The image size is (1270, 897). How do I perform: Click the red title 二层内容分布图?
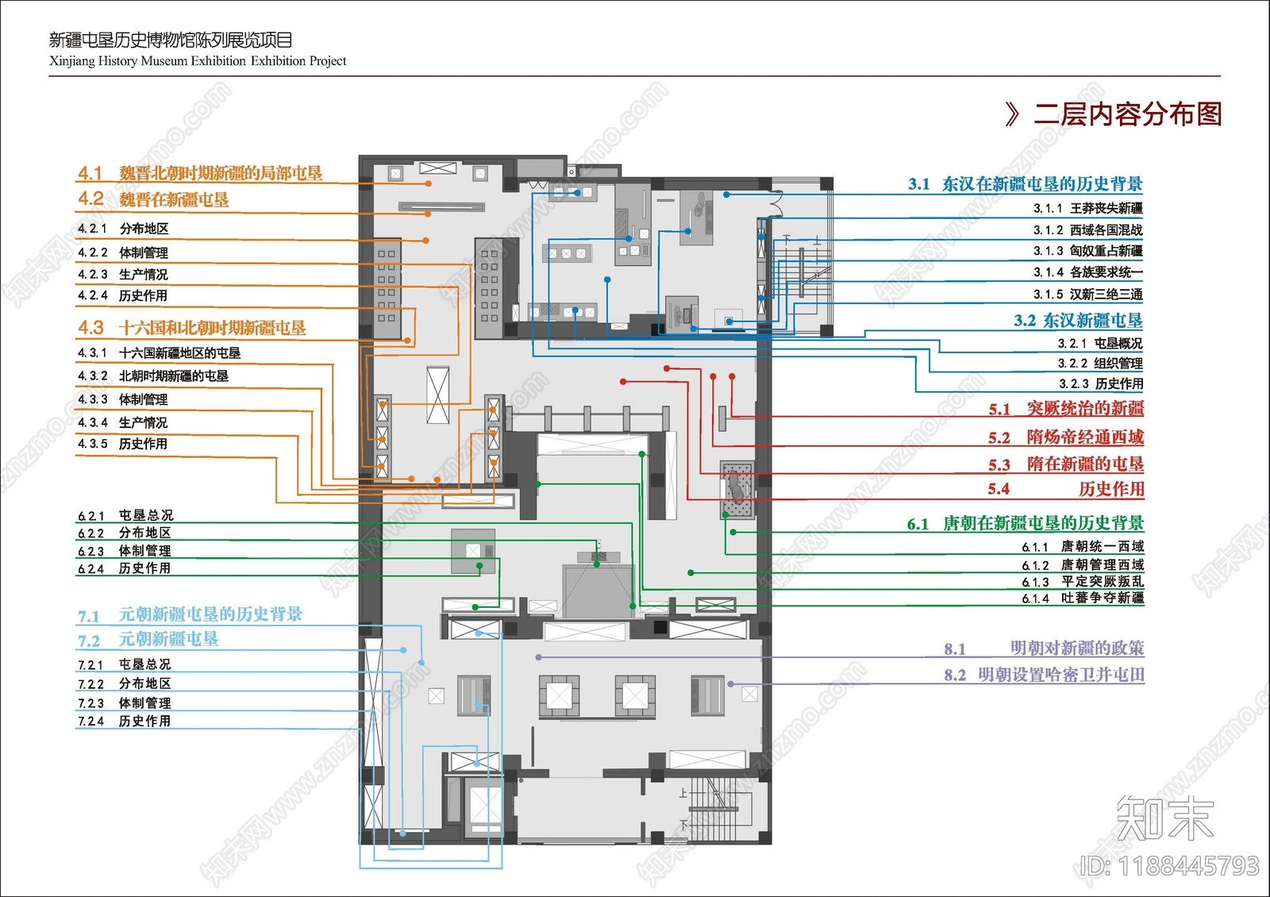point(1127,114)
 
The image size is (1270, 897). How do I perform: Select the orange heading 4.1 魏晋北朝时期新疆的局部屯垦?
point(200,173)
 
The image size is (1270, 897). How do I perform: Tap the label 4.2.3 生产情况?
point(122,275)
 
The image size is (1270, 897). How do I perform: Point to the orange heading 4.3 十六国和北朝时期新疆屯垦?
point(191,327)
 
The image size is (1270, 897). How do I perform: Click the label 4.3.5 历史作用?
point(122,444)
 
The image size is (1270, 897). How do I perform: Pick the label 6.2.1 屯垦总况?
point(125,515)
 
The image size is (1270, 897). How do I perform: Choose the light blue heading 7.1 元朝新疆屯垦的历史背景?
point(190,614)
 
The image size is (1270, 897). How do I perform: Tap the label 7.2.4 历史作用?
point(124,721)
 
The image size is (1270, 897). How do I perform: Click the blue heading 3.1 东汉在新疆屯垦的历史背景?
point(1026,183)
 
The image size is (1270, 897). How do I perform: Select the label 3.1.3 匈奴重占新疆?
point(1088,251)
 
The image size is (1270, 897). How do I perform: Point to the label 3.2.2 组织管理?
point(1100,363)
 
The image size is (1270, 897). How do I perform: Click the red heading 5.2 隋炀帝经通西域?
point(1066,437)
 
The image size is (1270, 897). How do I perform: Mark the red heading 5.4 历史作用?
point(1066,489)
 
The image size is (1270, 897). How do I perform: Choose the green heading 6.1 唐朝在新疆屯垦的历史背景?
point(1026,523)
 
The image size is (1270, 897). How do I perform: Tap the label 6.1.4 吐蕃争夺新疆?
point(1083,599)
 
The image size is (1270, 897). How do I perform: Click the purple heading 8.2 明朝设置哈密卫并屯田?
point(1045,675)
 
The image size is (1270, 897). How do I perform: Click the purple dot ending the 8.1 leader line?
point(538,657)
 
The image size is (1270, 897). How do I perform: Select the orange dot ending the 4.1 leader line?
point(429,183)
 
